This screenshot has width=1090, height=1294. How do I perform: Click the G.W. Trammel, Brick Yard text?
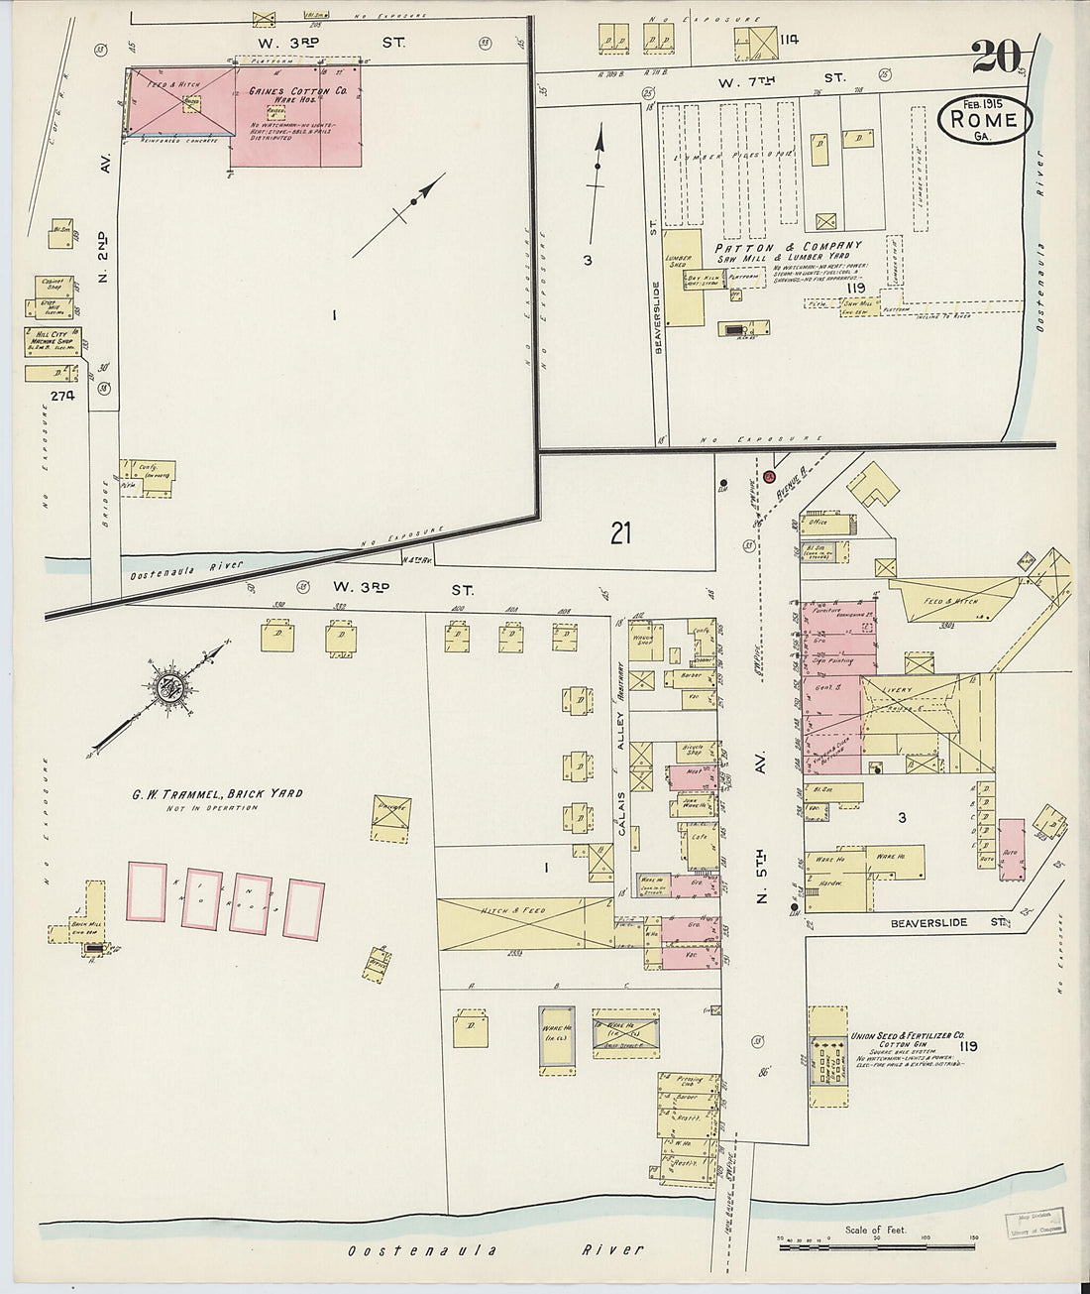pyautogui.click(x=217, y=793)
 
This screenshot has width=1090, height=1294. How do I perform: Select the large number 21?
pyautogui.click(x=620, y=533)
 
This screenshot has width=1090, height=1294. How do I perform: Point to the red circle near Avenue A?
pyautogui.click(x=768, y=476)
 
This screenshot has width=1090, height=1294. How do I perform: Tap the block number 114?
pyautogui.click(x=788, y=40)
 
